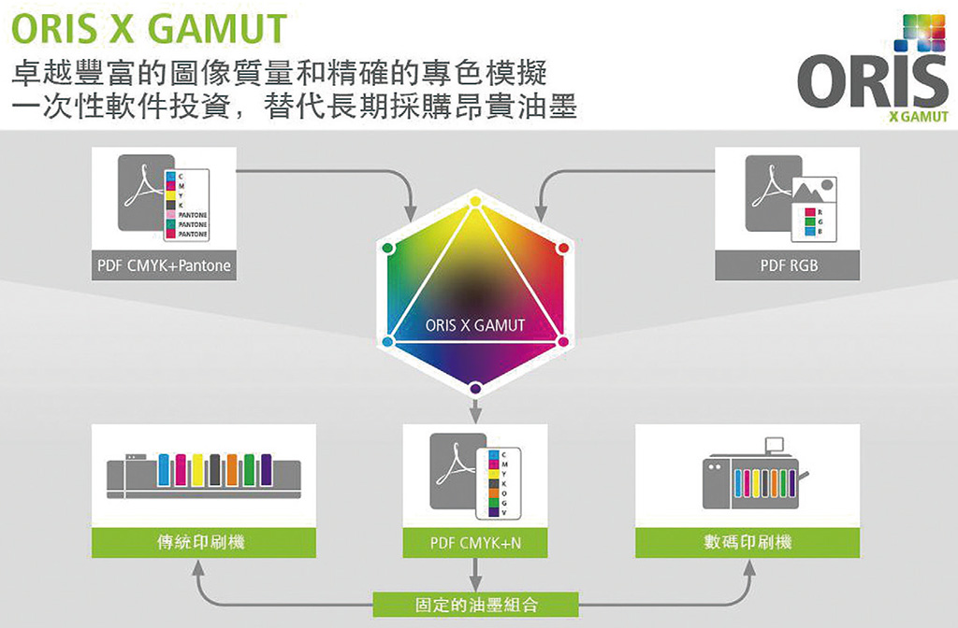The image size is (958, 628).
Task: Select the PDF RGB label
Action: tap(788, 265)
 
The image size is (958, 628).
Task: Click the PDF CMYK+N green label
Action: tap(475, 542)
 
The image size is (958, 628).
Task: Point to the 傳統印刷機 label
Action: tap(200, 541)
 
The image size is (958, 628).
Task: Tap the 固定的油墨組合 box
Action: tap(475, 605)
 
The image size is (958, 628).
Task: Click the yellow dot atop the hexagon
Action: tap(475, 202)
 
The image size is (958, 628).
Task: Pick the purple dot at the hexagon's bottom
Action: tap(475, 388)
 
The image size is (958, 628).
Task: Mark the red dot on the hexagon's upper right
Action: tap(563, 249)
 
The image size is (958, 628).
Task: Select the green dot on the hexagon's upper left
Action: tap(388, 249)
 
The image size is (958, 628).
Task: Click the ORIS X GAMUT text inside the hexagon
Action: tap(475, 325)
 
